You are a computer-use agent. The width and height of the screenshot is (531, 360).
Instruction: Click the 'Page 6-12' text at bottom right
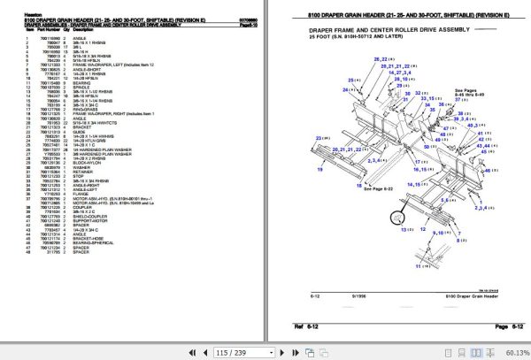click(502, 327)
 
